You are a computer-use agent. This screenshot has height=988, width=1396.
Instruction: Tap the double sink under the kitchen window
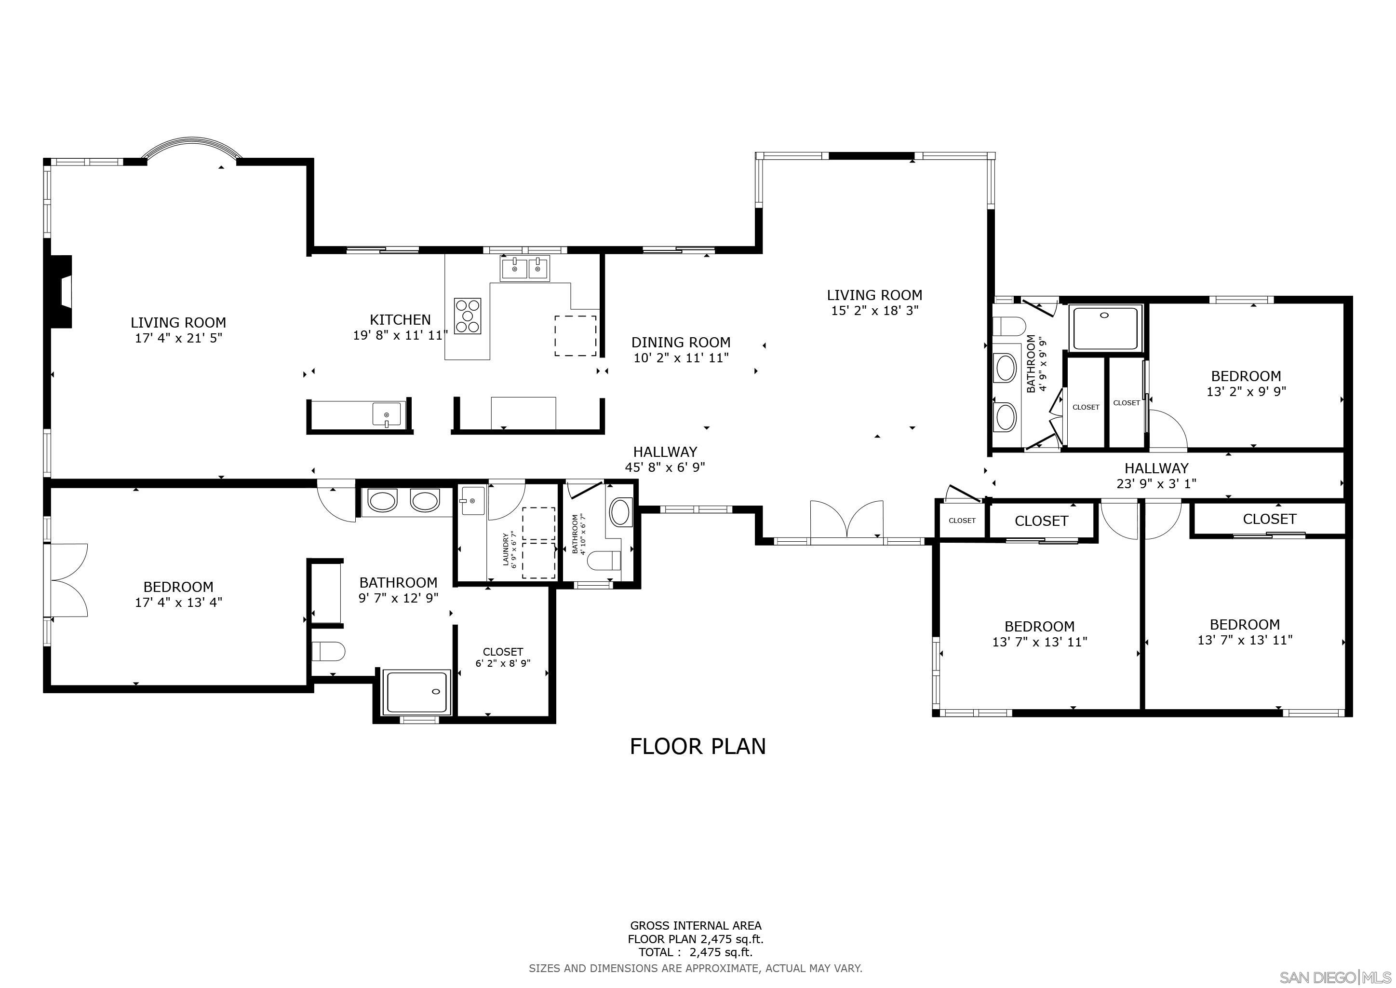[524, 268]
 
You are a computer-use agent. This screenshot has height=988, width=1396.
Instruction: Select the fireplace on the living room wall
[61, 291]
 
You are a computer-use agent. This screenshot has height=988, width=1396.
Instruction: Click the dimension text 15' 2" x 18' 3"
[874, 310]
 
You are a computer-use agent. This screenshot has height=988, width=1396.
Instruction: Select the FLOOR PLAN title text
[698, 746]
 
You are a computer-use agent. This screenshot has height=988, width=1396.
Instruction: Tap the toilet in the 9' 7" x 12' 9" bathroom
[328, 651]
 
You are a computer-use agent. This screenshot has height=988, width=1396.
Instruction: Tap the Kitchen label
[400, 320]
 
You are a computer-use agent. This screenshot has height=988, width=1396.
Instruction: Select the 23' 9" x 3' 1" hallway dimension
[1156, 484]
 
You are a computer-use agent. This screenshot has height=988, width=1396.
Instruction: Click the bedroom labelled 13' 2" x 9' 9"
[1245, 383]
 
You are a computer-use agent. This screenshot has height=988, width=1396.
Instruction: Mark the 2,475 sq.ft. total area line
[695, 953]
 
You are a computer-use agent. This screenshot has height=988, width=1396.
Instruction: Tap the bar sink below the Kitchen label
[387, 414]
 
